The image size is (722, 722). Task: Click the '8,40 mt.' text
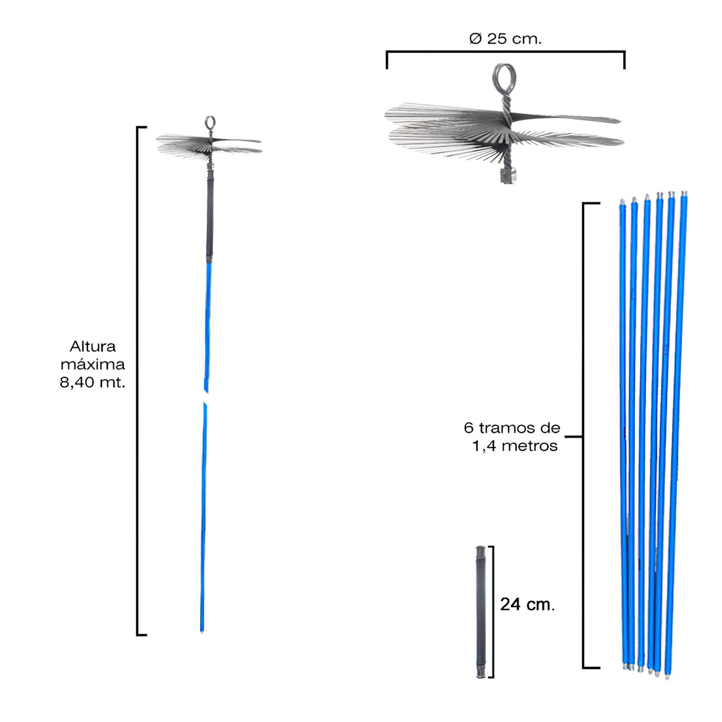point(92,383)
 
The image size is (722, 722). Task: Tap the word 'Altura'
point(93,346)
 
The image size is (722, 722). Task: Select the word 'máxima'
point(92,364)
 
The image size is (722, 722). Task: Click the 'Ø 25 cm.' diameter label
point(505,38)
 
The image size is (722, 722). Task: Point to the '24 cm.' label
point(528,604)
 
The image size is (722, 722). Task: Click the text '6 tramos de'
point(512,428)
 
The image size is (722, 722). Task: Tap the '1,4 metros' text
point(515,446)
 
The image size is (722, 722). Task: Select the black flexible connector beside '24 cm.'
point(481,611)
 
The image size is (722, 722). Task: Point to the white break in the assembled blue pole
point(206,398)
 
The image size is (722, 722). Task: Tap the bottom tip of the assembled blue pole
point(202,632)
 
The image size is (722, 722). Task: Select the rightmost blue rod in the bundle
point(676,433)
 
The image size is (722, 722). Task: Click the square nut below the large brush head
point(508,176)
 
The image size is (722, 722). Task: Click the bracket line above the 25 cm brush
point(506,52)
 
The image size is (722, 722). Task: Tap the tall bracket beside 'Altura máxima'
point(138,381)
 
